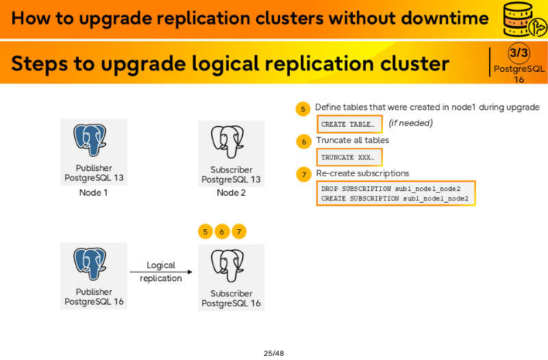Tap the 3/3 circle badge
[519, 53]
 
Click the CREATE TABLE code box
[349, 124]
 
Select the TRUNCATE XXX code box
[349, 157]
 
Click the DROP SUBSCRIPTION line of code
[390, 188]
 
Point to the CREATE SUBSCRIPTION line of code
[395, 198]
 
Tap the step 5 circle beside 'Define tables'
[303, 109]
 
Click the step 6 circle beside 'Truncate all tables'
[303, 142]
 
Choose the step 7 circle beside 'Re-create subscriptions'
[303, 175]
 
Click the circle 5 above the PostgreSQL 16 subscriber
[205, 231]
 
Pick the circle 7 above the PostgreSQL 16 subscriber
[239, 231]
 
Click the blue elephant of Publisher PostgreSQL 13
[90, 140]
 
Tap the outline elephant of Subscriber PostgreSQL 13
[227, 142]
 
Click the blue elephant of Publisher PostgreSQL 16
[90, 263]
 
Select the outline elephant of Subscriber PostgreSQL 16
[227, 266]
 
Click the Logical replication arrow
[161, 272]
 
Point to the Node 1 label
[93, 192]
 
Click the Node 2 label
[231, 192]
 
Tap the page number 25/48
[273, 353]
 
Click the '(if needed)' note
[410, 123]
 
